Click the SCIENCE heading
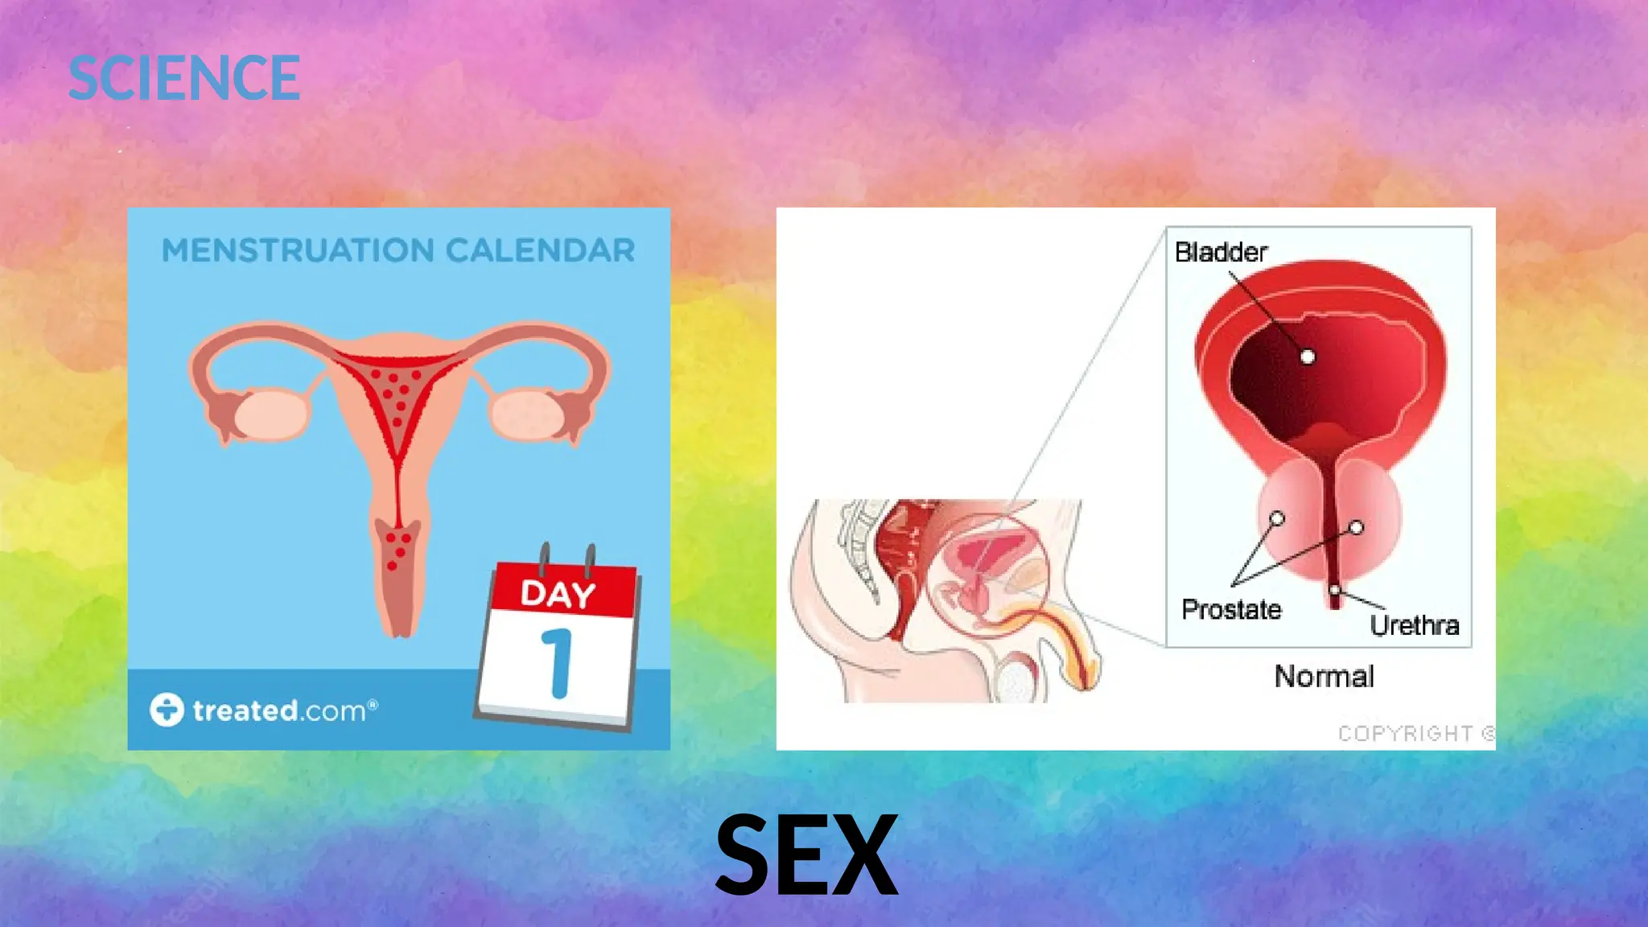(184, 78)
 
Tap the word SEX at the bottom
(805, 855)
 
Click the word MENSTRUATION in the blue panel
(298, 250)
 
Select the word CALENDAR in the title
(540, 250)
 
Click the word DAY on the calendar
(558, 594)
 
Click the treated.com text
(284, 711)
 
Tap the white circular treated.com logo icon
(167, 710)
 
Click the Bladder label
(1221, 252)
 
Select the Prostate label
(1231, 609)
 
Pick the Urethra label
(1414, 625)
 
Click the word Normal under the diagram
(1324, 676)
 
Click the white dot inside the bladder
(1308, 356)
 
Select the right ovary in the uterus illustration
(527, 414)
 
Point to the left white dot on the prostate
(1277, 518)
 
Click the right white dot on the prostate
(1357, 528)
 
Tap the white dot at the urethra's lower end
(1334, 591)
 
